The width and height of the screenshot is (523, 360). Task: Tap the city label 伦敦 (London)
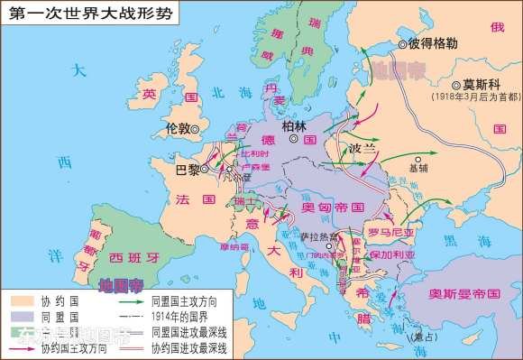pos(179,128)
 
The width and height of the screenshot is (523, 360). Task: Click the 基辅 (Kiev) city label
pos(419,167)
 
